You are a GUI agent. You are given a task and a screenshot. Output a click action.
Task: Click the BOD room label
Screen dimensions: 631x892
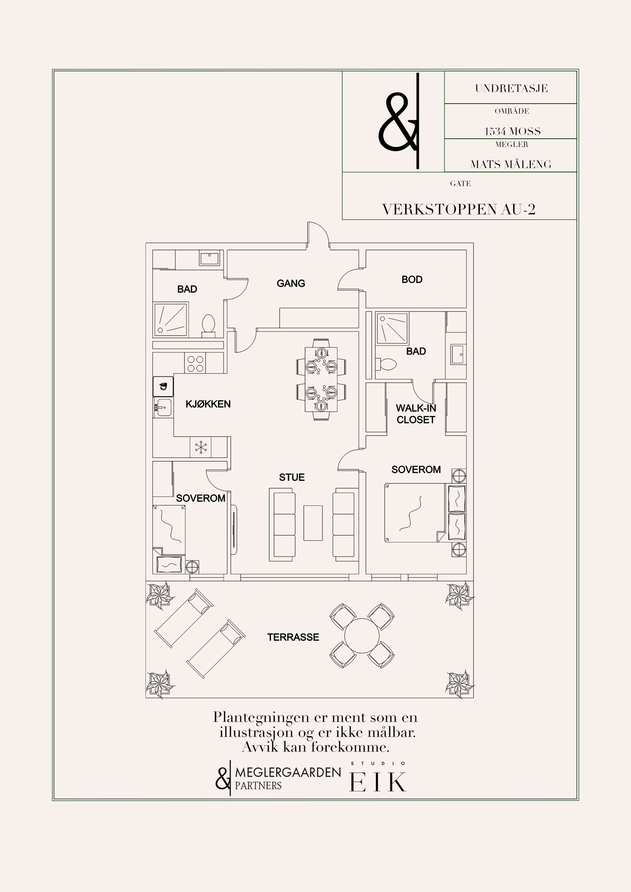click(412, 279)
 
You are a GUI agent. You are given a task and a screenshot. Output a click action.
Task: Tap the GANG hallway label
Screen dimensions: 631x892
click(291, 283)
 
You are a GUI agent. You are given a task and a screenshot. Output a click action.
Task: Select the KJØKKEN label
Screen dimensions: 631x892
click(208, 404)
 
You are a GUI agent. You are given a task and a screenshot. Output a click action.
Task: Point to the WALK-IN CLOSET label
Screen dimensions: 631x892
click(416, 414)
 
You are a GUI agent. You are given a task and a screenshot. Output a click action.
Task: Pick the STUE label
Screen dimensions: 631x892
click(292, 477)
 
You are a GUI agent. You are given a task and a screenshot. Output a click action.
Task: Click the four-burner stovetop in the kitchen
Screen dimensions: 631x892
click(195, 363)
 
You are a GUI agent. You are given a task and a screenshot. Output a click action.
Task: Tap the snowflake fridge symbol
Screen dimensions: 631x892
click(200, 447)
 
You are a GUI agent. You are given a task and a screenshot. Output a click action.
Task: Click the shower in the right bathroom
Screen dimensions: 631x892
click(392, 328)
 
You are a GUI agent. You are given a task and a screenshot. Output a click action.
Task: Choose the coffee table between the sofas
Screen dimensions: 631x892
click(313, 523)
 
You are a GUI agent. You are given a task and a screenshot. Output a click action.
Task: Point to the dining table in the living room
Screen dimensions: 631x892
click(321, 379)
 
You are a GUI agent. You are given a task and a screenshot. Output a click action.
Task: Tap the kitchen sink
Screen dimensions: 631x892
click(164, 408)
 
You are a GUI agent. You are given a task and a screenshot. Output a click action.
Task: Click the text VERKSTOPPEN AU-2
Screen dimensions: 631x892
click(459, 209)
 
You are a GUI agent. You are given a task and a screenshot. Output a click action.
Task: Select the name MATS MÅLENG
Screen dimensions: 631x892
click(511, 164)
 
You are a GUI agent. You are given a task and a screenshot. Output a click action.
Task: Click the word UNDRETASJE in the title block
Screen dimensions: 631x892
click(512, 88)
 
